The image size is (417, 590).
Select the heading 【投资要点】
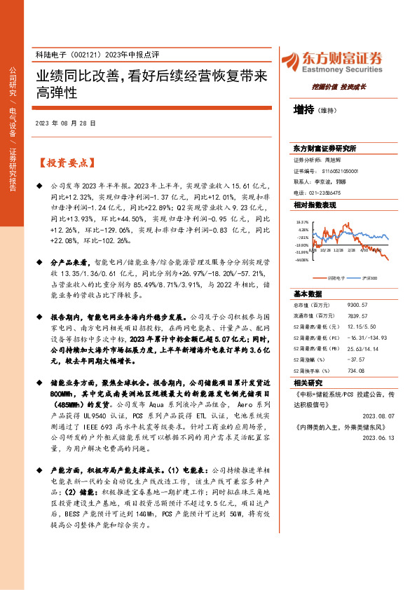(65, 163)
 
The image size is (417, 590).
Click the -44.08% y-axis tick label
(302, 259)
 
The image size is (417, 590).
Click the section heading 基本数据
(308, 294)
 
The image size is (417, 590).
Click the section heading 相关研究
(308, 383)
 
